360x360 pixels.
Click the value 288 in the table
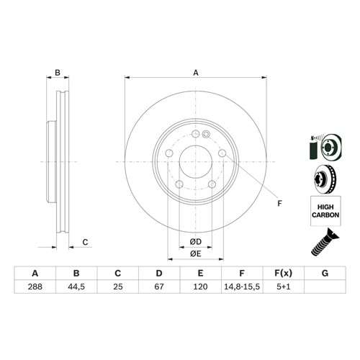[35, 286]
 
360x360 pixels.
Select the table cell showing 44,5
[77, 286]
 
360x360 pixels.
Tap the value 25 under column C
[117, 286]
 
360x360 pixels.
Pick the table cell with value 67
[160, 286]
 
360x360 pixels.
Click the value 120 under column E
[201, 286]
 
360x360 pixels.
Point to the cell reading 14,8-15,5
[243, 286]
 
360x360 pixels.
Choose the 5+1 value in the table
[284, 286]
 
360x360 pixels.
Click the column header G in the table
[325, 273]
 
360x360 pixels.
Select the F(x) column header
[284, 273]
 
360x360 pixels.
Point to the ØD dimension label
[195, 240]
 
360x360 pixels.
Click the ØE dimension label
[195, 253]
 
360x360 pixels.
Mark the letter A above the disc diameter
[195, 72]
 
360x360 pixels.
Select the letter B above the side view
[58, 72]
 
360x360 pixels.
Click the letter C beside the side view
[84, 242]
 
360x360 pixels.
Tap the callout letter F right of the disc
[279, 203]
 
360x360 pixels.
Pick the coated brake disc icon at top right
[323, 146]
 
